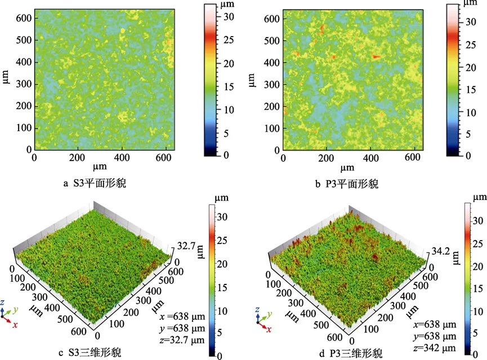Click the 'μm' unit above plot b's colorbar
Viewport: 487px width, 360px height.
coord(468,4)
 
